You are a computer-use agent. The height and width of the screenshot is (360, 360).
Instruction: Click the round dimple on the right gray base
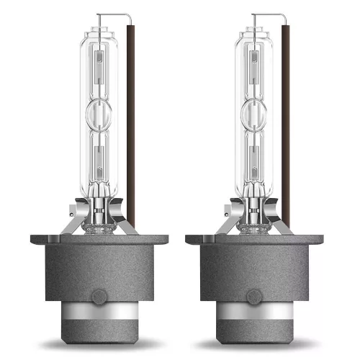tap(256, 295)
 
